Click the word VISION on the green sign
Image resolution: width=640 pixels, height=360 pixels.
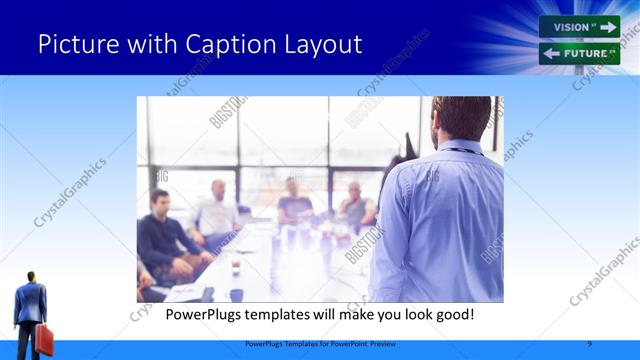point(571,27)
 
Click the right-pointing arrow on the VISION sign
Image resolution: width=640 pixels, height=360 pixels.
point(607,27)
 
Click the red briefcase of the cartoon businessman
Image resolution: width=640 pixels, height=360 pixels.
point(44,339)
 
